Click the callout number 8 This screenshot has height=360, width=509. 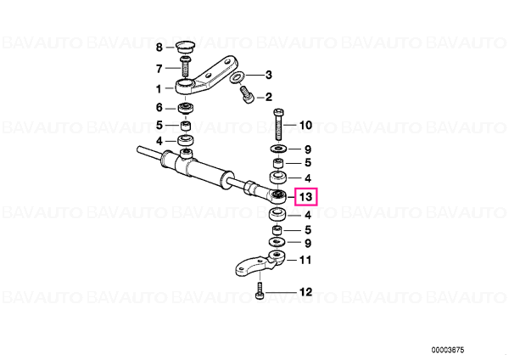159,48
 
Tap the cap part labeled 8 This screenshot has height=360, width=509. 184,47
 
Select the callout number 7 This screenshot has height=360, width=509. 159,69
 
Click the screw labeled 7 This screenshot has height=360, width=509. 185,66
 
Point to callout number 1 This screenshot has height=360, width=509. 159,88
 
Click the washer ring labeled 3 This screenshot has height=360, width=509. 237,77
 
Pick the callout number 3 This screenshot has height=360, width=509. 268,75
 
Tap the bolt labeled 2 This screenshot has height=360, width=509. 247,94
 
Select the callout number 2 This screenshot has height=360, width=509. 268,97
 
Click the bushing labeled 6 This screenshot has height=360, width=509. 185,108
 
